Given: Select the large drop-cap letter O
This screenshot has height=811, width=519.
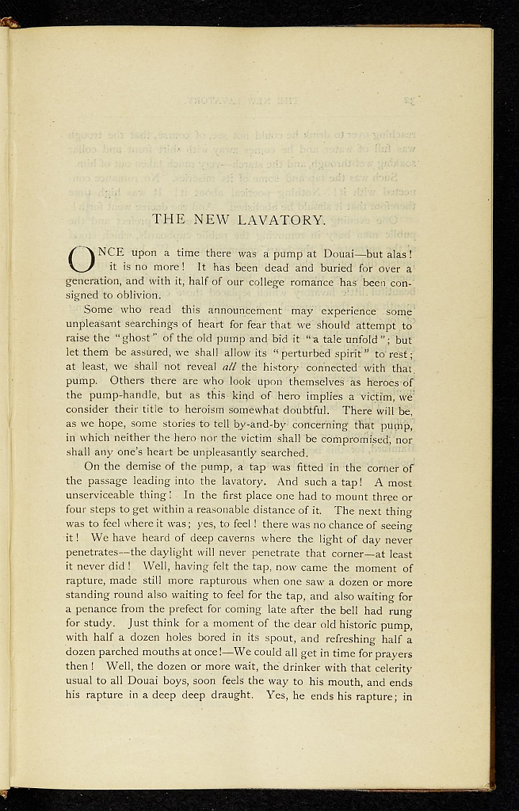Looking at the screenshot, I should [82, 259].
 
